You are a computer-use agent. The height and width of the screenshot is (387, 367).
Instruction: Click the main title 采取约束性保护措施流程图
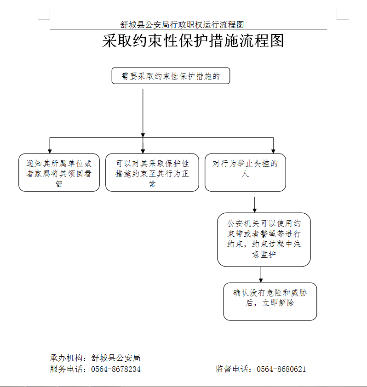point(193,41)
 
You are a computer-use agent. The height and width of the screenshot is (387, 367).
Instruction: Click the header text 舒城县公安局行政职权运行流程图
point(182,25)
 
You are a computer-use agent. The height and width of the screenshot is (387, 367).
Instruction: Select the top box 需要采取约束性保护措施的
point(171,76)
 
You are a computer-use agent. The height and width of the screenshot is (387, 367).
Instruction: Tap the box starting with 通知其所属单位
point(59,172)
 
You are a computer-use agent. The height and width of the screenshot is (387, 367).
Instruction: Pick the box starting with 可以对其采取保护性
point(152,172)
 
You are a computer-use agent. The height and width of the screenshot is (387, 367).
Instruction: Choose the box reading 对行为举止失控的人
point(245,172)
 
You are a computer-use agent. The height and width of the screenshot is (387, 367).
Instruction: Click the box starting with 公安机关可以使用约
point(264,239)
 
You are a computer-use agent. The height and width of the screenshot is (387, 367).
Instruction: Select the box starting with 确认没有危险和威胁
point(270,302)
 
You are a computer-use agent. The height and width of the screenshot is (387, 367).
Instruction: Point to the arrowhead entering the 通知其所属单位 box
point(50,151)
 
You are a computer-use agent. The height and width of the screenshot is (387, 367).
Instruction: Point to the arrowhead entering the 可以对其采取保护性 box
point(143,151)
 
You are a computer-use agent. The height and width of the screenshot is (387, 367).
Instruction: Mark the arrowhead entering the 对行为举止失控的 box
point(273,151)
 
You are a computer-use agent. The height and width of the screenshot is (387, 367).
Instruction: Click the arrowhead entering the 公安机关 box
point(255,211)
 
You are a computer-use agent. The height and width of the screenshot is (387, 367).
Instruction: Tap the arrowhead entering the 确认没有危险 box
point(261,280)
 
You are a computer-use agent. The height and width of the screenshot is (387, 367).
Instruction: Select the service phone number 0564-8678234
point(116,369)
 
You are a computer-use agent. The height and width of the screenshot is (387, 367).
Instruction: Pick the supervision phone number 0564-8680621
point(281,369)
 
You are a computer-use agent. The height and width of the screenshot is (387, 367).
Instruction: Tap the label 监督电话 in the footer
point(232,369)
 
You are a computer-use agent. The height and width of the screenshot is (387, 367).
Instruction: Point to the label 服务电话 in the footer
point(66,369)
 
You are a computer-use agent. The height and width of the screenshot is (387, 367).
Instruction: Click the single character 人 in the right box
point(245,174)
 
